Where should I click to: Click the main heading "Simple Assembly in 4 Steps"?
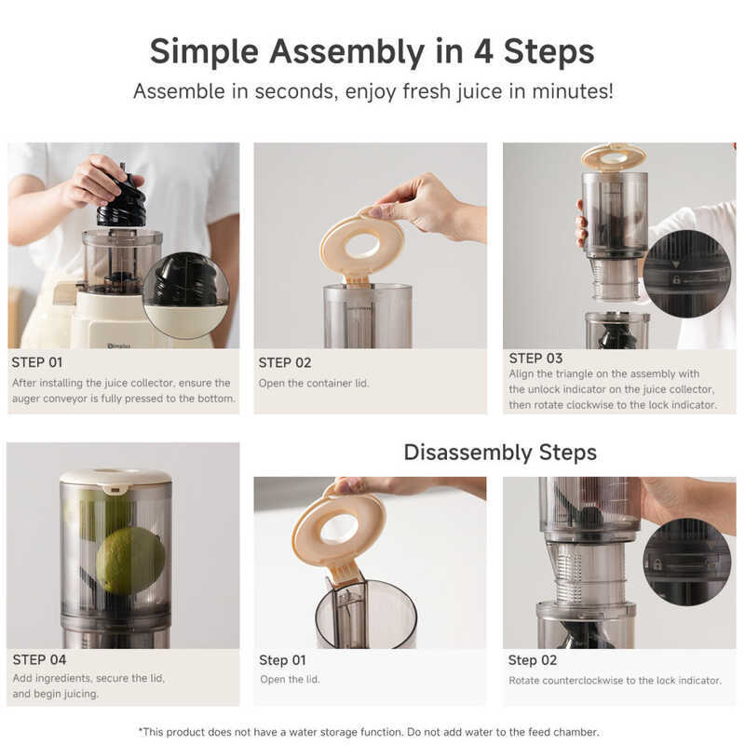click(372, 51)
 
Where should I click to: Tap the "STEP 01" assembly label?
click(37, 362)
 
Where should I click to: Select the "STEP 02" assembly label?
click(285, 363)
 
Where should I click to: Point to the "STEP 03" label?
click(535, 359)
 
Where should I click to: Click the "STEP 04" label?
click(39, 659)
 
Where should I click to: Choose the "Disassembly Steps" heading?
click(500, 453)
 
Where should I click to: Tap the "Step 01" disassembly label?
click(282, 660)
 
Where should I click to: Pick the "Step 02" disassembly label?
click(532, 660)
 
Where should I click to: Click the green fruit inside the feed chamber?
click(130, 562)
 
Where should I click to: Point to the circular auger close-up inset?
click(185, 295)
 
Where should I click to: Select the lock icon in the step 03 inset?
click(676, 280)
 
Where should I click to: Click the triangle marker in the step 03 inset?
click(676, 264)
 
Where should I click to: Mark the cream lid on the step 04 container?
click(115, 479)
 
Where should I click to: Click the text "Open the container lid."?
click(314, 383)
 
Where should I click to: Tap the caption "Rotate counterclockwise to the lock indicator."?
click(615, 681)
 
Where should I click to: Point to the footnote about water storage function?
click(368, 732)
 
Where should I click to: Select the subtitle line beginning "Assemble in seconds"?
click(373, 91)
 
